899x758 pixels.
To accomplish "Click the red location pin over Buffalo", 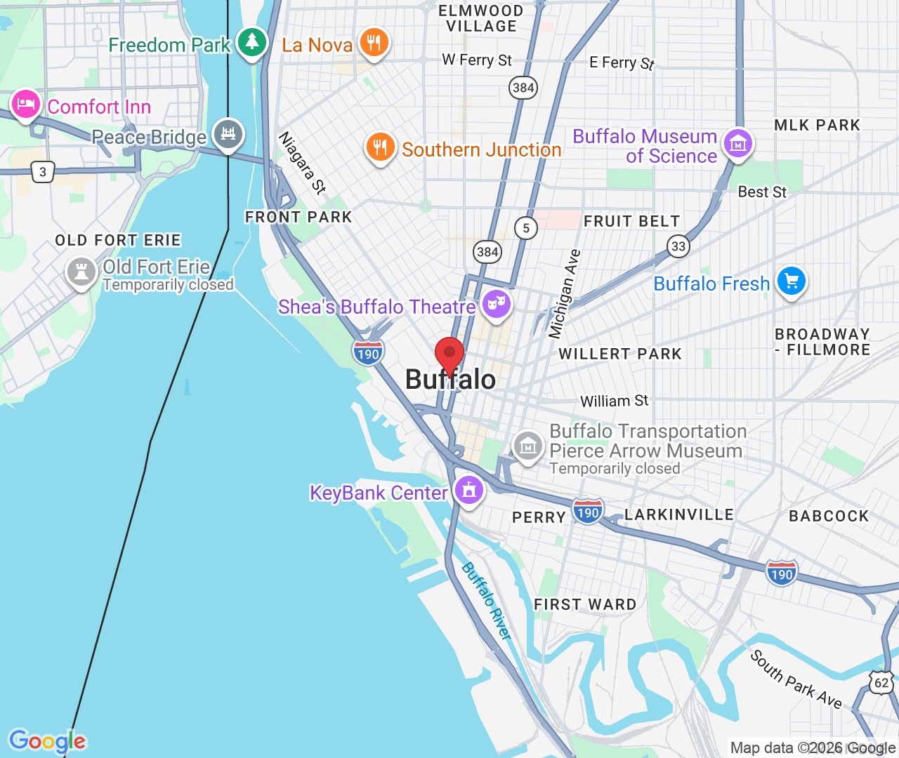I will pyautogui.click(x=449, y=353).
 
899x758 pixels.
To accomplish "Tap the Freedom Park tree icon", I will pyautogui.click(x=251, y=43).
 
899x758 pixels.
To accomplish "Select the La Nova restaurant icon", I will pyautogui.click(x=374, y=43).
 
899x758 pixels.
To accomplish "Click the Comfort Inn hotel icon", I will pyautogui.click(x=26, y=105).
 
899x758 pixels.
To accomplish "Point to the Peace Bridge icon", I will pyautogui.click(x=228, y=133).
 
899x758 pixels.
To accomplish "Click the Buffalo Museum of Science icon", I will pyautogui.click(x=737, y=145).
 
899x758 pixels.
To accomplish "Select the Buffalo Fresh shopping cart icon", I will pyautogui.click(x=792, y=281).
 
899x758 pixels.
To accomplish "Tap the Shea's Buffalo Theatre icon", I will pyautogui.click(x=497, y=305).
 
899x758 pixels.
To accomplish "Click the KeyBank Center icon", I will pyautogui.click(x=469, y=490).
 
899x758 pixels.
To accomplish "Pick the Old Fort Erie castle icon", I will pyautogui.click(x=81, y=272).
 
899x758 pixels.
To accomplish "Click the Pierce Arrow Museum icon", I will pyautogui.click(x=528, y=446).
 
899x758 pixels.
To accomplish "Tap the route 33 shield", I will pyautogui.click(x=678, y=246).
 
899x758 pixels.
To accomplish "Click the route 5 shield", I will pyautogui.click(x=526, y=228).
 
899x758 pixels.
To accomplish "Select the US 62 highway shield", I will pyautogui.click(x=881, y=683).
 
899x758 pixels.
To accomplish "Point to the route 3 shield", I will pyautogui.click(x=43, y=172).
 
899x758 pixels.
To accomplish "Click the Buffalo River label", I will pyautogui.click(x=486, y=601).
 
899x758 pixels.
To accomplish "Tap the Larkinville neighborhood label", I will pyautogui.click(x=678, y=514).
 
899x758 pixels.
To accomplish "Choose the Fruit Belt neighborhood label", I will pyautogui.click(x=631, y=222).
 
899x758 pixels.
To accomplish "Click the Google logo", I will pyautogui.click(x=48, y=741).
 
